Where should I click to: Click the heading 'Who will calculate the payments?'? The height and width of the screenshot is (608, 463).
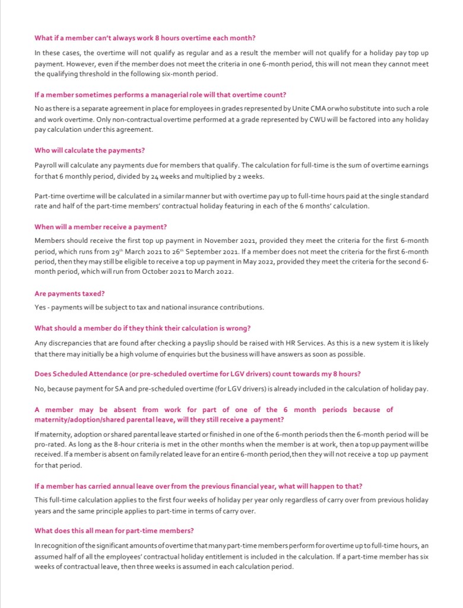[x=90, y=150]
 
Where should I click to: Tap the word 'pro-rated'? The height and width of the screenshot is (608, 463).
[x=49, y=445]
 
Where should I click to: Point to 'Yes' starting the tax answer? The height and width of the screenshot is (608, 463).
[x=40, y=308]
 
